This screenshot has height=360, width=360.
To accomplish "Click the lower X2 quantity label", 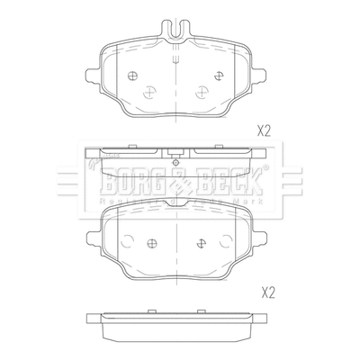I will [x=266, y=292].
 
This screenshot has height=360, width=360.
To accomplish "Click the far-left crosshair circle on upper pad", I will [x=132, y=76].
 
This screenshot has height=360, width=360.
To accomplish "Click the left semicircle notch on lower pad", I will [x=127, y=239].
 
